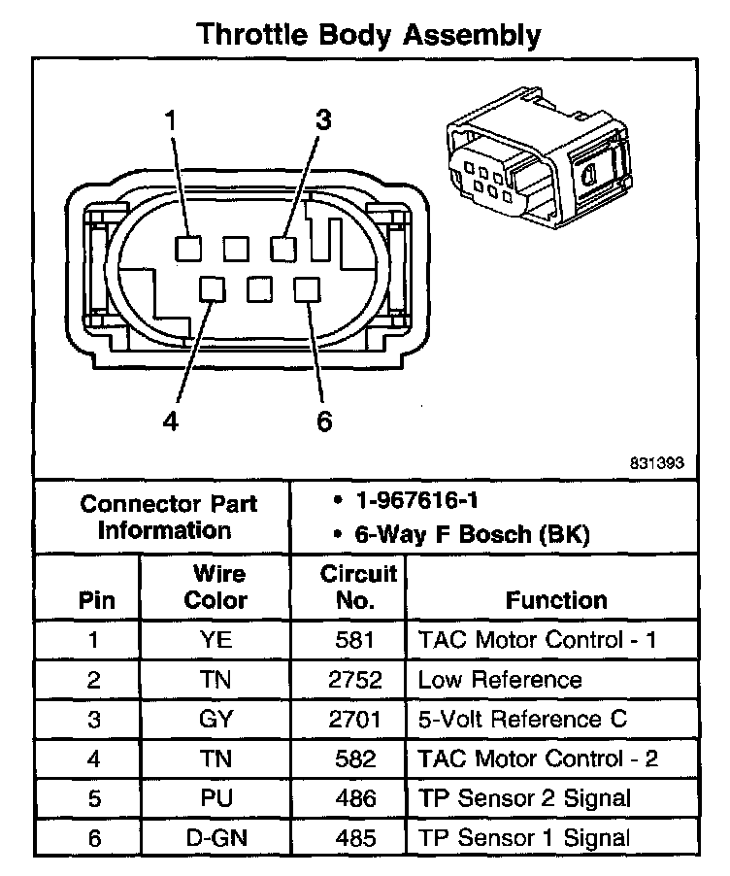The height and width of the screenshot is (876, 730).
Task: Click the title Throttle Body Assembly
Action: [368, 36]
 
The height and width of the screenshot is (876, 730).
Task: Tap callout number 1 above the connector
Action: [171, 121]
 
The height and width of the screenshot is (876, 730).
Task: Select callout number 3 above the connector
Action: [323, 120]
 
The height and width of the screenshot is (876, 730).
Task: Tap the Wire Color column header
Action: [216, 587]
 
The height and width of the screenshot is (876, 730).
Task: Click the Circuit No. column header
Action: [358, 587]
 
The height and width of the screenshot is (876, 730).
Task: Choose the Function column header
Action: [556, 600]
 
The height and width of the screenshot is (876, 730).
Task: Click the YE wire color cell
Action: [216, 641]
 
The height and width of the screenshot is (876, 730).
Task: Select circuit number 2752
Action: [358, 680]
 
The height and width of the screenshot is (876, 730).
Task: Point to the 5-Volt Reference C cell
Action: [522, 720]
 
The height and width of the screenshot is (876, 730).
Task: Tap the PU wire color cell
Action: [216, 798]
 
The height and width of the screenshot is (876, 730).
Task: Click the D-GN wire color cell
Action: [216, 837]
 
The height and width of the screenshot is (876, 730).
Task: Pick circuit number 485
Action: [358, 837]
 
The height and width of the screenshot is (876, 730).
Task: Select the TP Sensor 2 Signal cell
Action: [524, 798]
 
